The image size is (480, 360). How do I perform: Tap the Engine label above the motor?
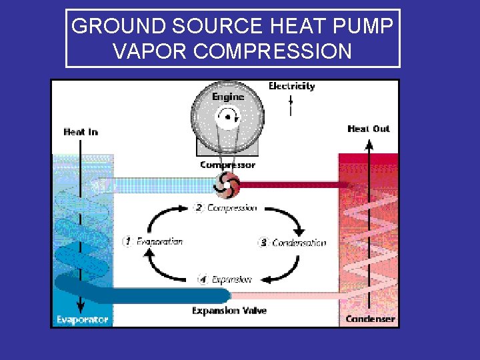click(228, 96)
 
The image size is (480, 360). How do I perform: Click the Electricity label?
click(291, 86)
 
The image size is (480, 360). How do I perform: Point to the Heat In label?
click(81, 132)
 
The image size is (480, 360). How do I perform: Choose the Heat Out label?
click(368, 129)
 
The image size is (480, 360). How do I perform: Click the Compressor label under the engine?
click(227, 165)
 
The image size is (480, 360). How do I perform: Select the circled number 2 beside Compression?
click(199, 207)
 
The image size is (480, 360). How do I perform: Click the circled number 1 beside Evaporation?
click(127, 241)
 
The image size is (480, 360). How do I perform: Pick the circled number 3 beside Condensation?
click(263, 243)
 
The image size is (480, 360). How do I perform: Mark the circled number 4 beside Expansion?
click(202, 279)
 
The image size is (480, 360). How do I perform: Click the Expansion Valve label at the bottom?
click(229, 311)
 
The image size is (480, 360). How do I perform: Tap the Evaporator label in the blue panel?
click(82, 320)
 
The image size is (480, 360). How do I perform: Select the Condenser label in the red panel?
click(370, 319)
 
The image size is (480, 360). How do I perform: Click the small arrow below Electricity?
click(291, 101)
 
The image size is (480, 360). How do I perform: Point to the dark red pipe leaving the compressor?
click(293, 184)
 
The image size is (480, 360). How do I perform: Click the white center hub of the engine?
click(227, 119)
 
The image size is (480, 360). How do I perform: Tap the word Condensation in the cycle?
click(299, 243)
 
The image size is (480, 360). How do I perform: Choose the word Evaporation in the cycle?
click(159, 241)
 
